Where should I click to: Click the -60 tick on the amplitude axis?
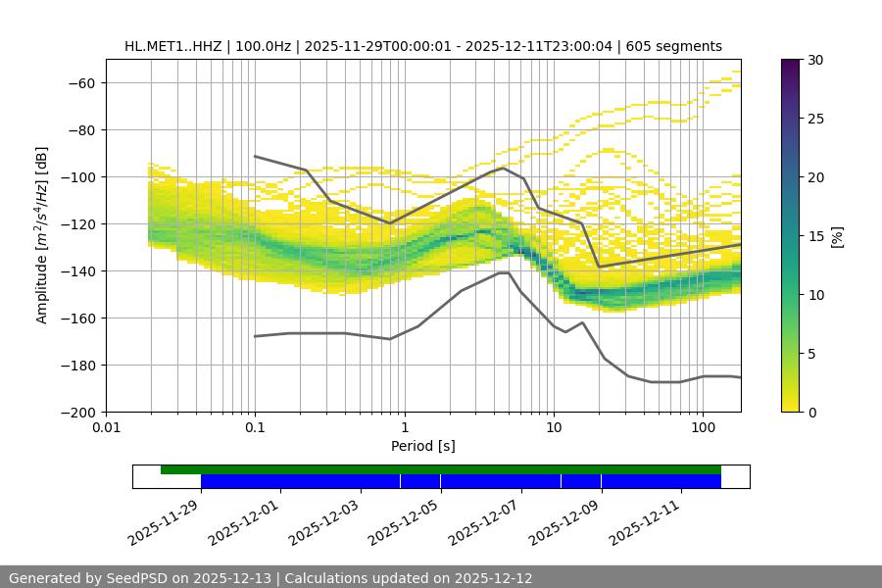click(x=80, y=82)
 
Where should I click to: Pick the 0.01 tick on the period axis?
click(x=106, y=427)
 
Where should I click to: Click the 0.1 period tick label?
click(x=255, y=427)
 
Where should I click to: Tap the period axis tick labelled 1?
click(x=404, y=427)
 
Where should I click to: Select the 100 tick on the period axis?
click(x=703, y=427)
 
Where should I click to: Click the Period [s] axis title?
click(x=423, y=446)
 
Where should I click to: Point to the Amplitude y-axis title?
click(x=42, y=235)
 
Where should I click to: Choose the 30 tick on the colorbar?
click(x=815, y=60)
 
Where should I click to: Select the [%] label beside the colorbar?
click(x=837, y=236)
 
